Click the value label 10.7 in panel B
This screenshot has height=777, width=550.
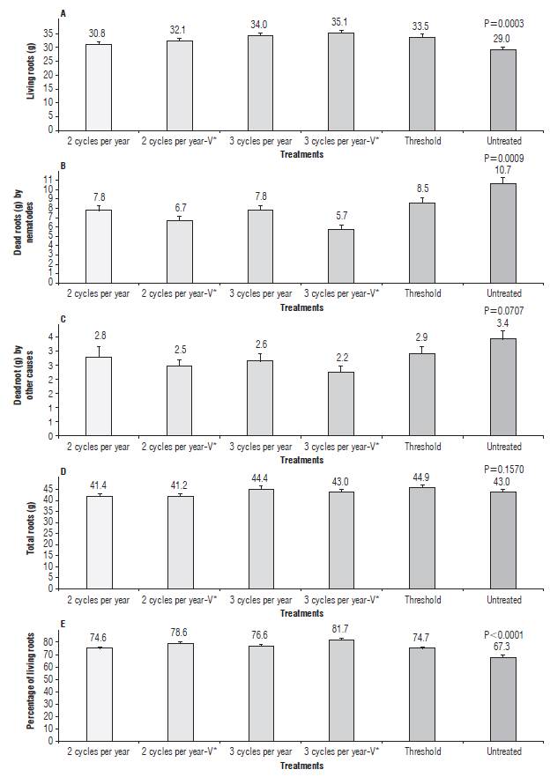[x=503, y=168]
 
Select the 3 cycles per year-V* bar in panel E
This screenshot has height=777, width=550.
[x=341, y=690]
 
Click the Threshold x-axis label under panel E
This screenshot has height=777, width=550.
[x=422, y=751]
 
